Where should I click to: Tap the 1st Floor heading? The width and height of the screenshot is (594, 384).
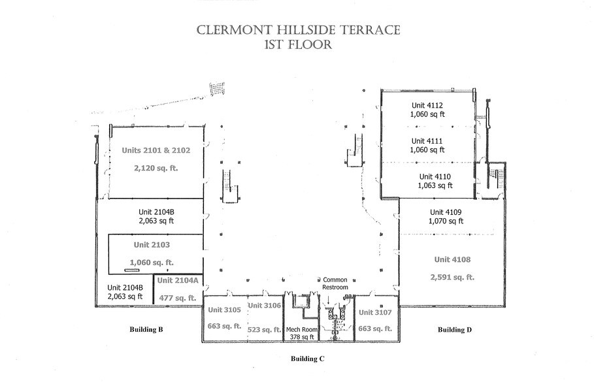coord(297,46)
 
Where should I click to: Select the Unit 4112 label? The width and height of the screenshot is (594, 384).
coord(427,104)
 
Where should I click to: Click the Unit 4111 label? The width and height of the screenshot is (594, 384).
coord(427,140)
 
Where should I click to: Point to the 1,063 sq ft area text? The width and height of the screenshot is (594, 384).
coord(435,185)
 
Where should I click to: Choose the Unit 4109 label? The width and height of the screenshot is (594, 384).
coord(445,212)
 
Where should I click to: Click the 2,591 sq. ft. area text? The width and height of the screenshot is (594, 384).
coord(452,277)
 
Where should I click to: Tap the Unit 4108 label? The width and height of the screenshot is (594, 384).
coord(452,259)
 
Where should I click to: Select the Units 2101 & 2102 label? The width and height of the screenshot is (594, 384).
coord(156,150)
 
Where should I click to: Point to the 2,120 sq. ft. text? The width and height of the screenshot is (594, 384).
coord(156,168)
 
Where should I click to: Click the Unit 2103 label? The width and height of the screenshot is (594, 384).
coord(151,245)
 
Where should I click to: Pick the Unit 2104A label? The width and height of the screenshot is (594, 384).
coord(178,280)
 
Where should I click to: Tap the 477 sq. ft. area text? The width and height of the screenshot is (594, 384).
coord(178,297)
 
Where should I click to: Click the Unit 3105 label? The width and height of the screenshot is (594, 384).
coord(224,310)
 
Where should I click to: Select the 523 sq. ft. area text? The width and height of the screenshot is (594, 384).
coord(265,330)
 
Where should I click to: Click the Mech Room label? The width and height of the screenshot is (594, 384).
coord(301,330)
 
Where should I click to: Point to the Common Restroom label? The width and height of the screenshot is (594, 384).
coord(336,283)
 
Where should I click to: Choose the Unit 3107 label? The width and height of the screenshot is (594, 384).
coord(375,312)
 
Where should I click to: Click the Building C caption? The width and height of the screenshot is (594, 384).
coord(307,359)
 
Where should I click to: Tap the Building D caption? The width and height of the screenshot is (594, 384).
coord(454,330)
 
